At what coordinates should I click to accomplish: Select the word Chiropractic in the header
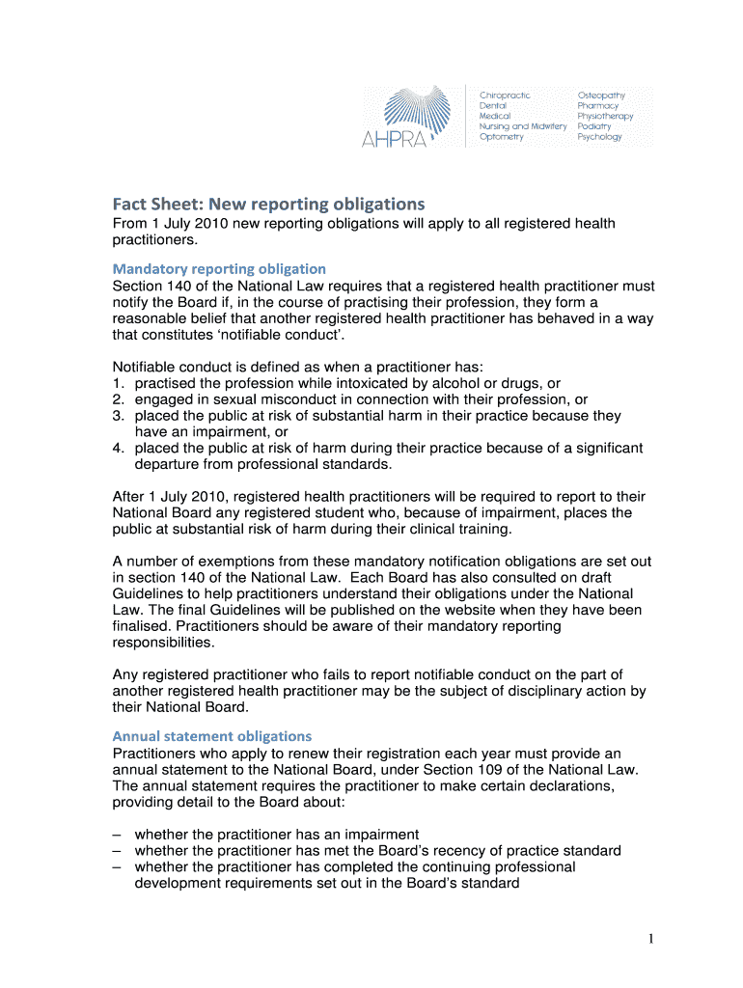[505, 96]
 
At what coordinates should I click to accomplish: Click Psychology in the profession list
[599, 137]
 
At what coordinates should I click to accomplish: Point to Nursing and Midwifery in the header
[523, 126]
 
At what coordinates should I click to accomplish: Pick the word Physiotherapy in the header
[605, 116]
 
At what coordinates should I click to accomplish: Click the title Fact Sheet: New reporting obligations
[268, 205]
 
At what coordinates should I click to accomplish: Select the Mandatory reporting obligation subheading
[219, 268]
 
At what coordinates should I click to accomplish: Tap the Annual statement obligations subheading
[212, 736]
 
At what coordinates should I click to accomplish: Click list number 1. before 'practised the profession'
[118, 383]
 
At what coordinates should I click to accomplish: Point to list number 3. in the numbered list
[118, 416]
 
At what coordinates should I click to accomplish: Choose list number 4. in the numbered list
[118, 449]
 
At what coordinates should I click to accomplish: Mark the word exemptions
[214, 562]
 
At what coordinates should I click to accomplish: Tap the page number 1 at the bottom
[653, 939]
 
